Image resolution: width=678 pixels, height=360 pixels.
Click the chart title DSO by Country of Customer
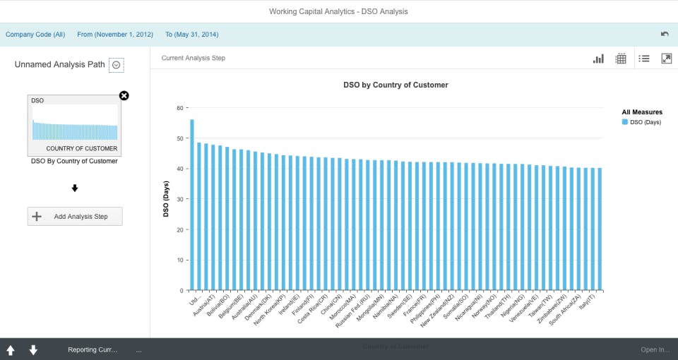tap(405, 85)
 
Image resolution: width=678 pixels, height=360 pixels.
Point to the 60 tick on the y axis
tap(179, 108)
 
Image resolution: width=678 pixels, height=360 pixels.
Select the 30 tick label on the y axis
tap(179, 199)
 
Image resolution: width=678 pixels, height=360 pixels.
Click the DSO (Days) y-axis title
tap(167, 200)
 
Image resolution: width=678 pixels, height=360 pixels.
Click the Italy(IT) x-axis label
tap(587, 305)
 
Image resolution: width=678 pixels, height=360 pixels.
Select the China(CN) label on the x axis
tap(331, 306)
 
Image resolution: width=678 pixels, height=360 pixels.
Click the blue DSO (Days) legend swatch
tap(625, 122)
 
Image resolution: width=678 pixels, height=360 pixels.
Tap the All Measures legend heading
tap(642, 112)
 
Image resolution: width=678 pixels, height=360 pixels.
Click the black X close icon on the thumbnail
tap(124, 96)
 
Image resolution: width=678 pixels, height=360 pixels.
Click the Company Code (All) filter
tap(35, 34)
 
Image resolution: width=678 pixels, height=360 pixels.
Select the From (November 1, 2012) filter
tap(115, 34)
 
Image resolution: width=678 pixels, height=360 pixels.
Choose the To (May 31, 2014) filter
tap(191, 34)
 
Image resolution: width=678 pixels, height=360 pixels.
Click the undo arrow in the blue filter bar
tap(665, 34)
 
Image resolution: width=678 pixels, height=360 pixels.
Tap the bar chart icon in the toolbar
tap(598, 59)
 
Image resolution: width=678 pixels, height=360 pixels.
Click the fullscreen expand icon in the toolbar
tap(666, 59)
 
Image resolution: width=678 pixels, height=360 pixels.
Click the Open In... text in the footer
tap(655, 350)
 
